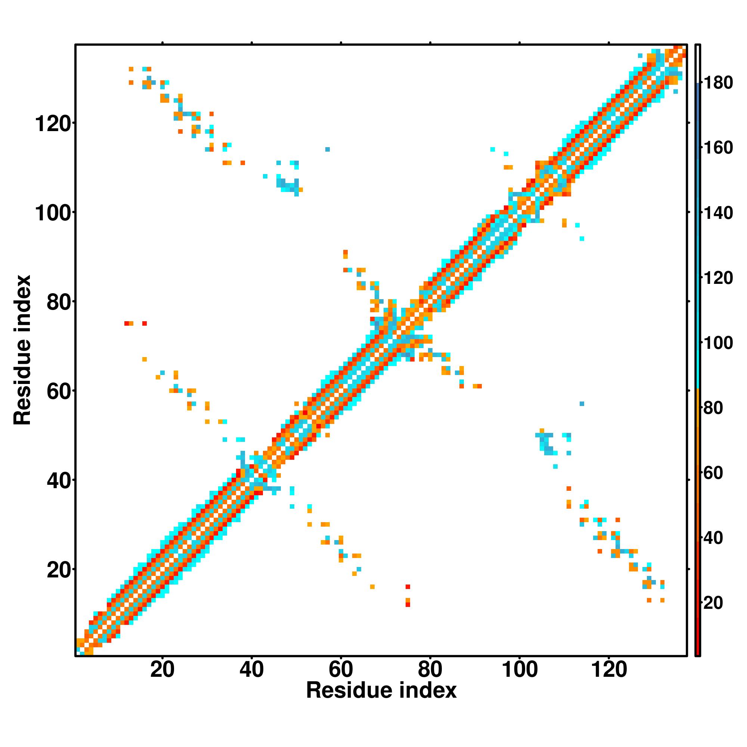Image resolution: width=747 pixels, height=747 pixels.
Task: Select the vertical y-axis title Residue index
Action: tap(22, 350)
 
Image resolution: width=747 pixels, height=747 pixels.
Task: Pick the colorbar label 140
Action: tap(718, 213)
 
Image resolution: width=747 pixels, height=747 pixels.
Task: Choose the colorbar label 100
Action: tap(718, 343)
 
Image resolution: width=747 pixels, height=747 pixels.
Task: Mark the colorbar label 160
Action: tap(718, 148)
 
